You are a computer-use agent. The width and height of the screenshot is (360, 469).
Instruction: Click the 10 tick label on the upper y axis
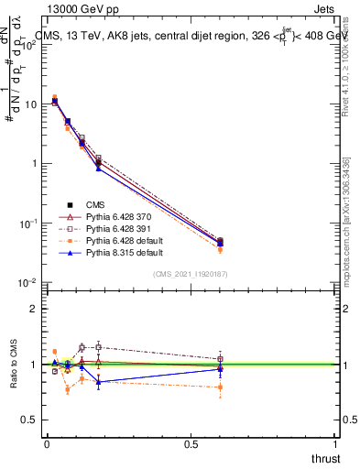30,104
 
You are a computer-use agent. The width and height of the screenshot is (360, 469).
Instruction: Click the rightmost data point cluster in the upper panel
221,242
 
